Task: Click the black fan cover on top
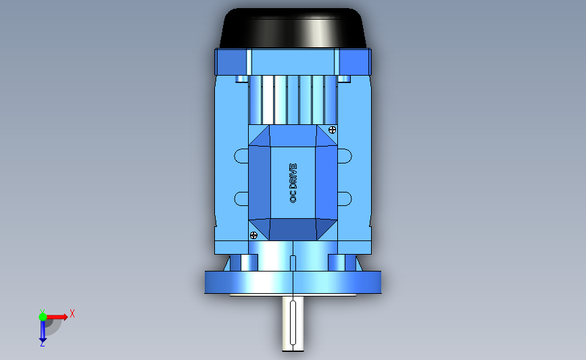[293, 28]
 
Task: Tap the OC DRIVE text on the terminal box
[293, 183]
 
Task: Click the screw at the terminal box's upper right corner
[332, 130]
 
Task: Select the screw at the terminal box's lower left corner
[253, 235]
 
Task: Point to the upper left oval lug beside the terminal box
[241, 156]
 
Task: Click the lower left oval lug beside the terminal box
[241, 199]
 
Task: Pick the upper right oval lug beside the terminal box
[345, 156]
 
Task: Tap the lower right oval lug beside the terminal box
[345, 199]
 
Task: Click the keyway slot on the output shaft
[293, 323]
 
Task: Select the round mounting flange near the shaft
[293, 282]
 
